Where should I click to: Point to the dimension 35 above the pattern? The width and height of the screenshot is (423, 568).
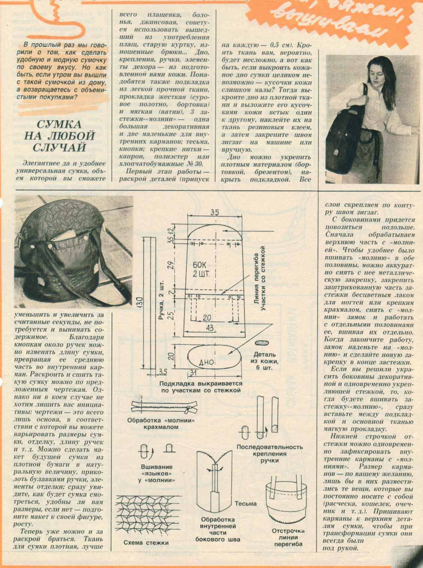coord(214,212)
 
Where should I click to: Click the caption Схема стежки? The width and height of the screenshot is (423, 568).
coord(146,543)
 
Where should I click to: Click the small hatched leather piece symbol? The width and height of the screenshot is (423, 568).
coord(262,343)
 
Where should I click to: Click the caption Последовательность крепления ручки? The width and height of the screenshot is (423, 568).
coord(269,453)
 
